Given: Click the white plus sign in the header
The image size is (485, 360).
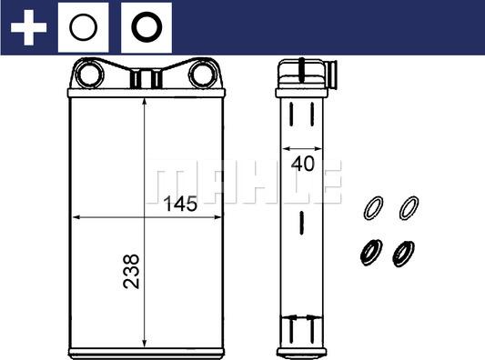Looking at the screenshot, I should pyautogui.click(x=27, y=28).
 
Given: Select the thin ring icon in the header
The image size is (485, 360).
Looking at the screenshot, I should pyautogui.click(x=83, y=28).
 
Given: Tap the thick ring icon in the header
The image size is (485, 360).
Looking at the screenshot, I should pyautogui.click(x=145, y=28).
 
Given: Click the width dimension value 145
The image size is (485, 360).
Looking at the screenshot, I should pyautogui.click(x=179, y=205).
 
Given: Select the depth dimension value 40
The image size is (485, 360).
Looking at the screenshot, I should pyautogui.click(x=303, y=165).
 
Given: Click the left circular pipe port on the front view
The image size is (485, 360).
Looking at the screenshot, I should pyautogui.click(x=89, y=74).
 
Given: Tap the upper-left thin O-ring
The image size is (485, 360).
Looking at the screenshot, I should pyautogui.click(x=371, y=207).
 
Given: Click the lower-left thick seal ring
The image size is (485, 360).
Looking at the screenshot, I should pyautogui.click(x=369, y=252).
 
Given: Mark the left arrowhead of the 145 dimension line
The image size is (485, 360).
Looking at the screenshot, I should pyautogui.click(x=76, y=218).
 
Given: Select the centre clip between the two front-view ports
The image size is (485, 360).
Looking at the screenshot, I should pyautogui.click(x=146, y=78).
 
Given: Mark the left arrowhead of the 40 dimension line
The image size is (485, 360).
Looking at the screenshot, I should pyautogui.click(x=284, y=147).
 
